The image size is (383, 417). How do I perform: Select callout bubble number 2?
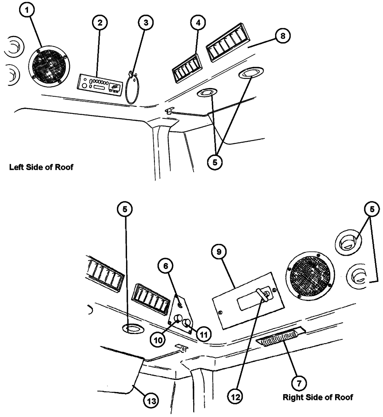tap(99, 23)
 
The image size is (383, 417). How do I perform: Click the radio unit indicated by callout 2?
tap(100, 81)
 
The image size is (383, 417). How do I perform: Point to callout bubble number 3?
tap(144, 23)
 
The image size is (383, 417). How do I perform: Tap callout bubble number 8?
tap(283, 36)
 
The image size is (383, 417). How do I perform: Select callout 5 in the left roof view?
tap(214, 162)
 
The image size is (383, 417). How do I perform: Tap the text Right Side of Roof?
tap(318, 397)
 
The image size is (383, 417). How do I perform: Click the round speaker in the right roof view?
tap(309, 275)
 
